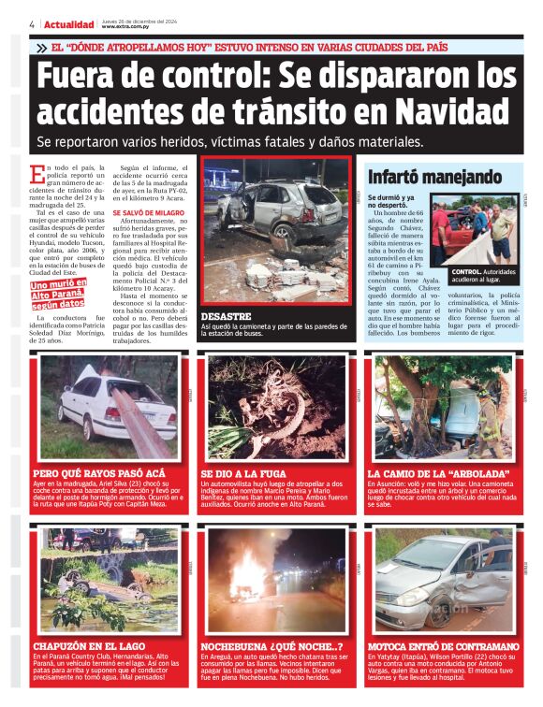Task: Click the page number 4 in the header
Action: click(32, 24)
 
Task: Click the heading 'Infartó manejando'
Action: click(421, 178)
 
